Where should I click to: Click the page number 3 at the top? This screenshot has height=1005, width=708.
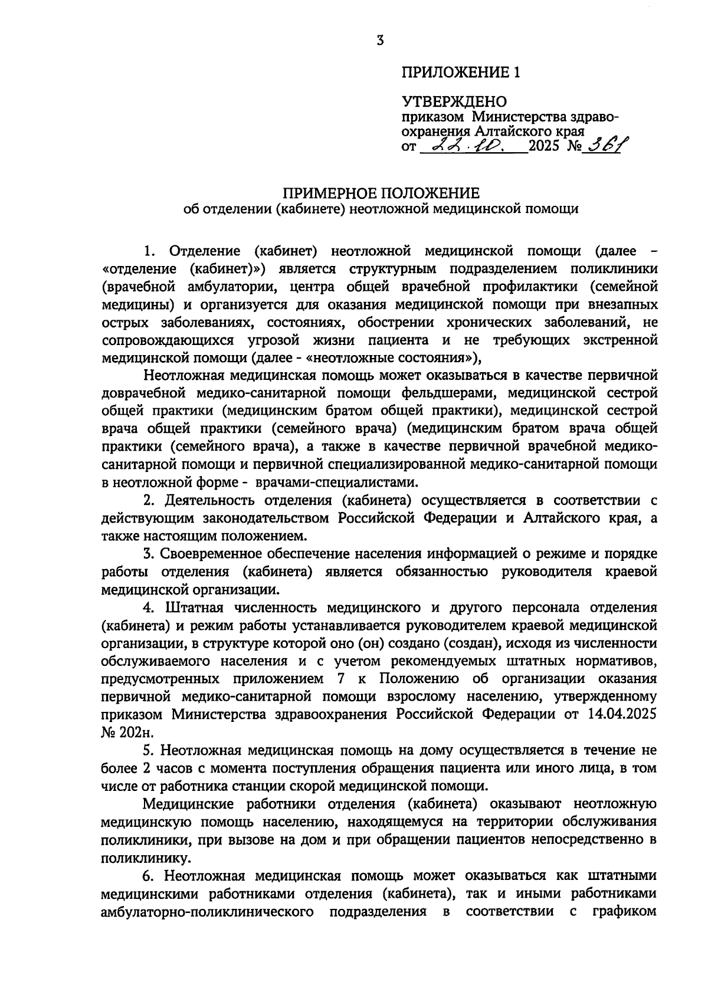click(x=380, y=40)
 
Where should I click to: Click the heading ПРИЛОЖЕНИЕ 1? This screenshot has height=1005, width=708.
click(x=461, y=73)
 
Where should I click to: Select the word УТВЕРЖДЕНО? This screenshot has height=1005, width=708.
click(x=454, y=103)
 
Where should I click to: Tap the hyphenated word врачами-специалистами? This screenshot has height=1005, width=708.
click(x=336, y=482)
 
